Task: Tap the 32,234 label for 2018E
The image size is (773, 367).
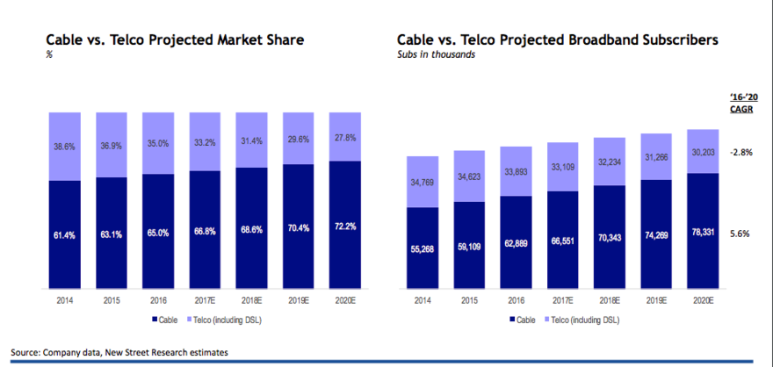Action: coord(610,162)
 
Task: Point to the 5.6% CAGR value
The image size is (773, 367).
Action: coord(740,234)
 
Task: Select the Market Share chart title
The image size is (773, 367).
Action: coord(175,40)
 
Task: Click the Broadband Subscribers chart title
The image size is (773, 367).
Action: coord(558,40)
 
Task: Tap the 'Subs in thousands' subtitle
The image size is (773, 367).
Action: coord(436,55)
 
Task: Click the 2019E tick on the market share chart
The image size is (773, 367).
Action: coord(298,299)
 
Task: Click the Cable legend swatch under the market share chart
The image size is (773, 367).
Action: coord(156,319)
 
